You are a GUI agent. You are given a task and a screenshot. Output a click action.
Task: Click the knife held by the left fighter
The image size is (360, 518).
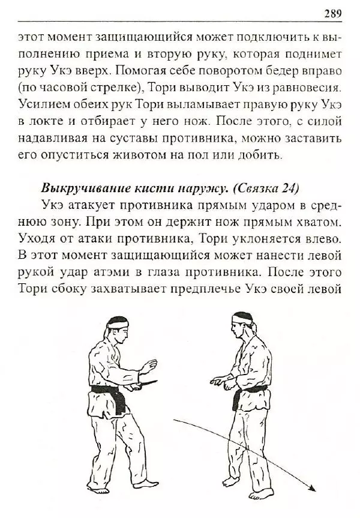pyautogui.click(x=147, y=383)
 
